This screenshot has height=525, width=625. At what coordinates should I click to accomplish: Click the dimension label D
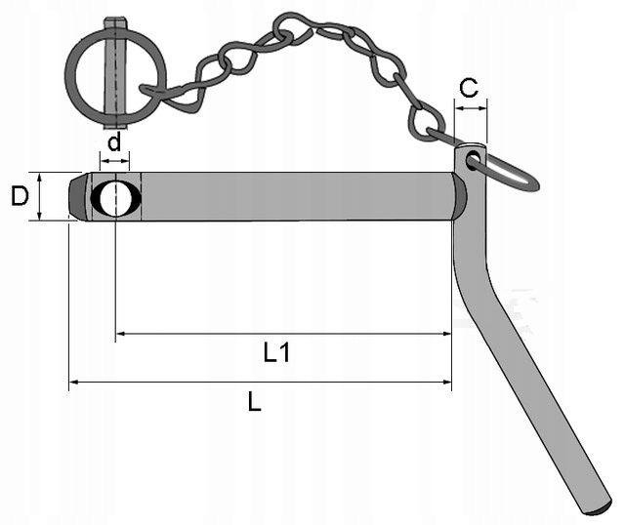click(20, 196)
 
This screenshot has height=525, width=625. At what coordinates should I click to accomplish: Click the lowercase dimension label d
click(114, 141)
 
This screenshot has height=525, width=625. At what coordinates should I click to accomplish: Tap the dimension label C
click(469, 88)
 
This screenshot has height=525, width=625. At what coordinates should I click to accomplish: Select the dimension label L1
click(277, 352)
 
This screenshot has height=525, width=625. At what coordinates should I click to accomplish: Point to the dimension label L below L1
click(254, 401)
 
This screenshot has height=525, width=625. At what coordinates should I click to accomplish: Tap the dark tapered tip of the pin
click(77, 197)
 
